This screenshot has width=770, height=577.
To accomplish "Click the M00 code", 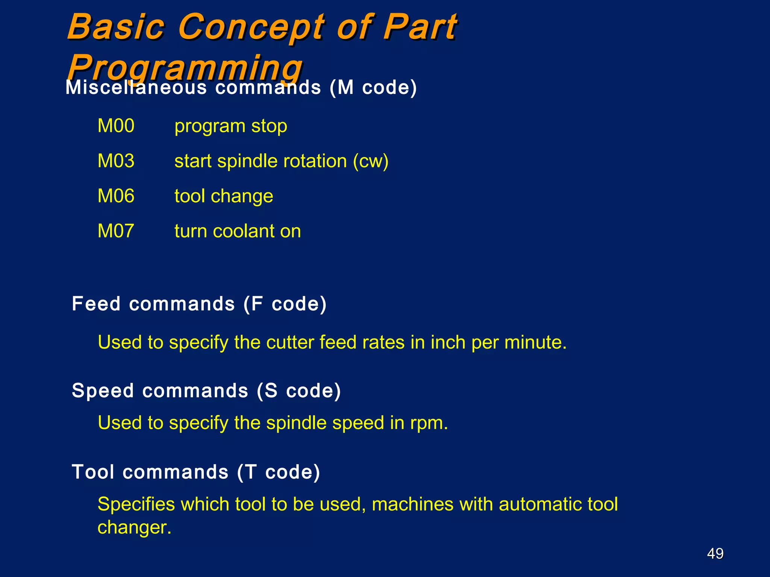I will (x=116, y=126).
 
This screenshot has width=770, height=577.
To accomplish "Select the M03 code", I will (x=116, y=161).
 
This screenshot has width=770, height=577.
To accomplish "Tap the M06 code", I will (x=116, y=196).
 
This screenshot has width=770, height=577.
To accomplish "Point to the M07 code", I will (x=116, y=231).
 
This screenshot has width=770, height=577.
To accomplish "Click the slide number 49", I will (x=715, y=553).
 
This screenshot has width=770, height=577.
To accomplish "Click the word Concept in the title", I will (x=251, y=27).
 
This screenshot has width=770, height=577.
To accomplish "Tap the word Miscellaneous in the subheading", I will (x=136, y=88).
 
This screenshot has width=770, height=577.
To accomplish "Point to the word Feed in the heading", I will (x=96, y=304).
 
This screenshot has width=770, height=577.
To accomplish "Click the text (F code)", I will (x=285, y=304).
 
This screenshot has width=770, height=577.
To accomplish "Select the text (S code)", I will (x=299, y=391).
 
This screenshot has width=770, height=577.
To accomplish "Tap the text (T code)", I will (x=279, y=472).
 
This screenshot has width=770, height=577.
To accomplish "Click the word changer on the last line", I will (x=134, y=527).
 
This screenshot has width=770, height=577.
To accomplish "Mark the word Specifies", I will (x=136, y=504).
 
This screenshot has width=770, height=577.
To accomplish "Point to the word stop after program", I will (x=269, y=126).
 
